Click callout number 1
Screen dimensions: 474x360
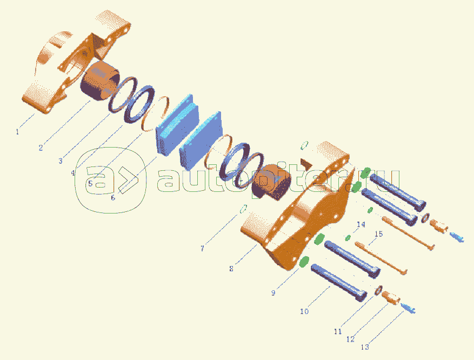click(x=17, y=131)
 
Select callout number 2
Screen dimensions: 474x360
click(x=41, y=147)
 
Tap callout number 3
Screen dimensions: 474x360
click(x=61, y=161)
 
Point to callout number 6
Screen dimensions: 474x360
click(x=112, y=198)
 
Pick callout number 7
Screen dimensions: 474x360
click(x=202, y=249)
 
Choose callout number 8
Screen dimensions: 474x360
click(x=231, y=268)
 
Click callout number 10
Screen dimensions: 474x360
click(x=304, y=311)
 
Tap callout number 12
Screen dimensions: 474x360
click(x=350, y=339)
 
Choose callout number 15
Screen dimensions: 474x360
click(x=378, y=234)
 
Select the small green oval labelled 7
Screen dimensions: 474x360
click(x=243, y=209)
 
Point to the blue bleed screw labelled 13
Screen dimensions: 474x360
click(x=408, y=308)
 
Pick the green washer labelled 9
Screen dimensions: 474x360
click(x=306, y=261)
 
